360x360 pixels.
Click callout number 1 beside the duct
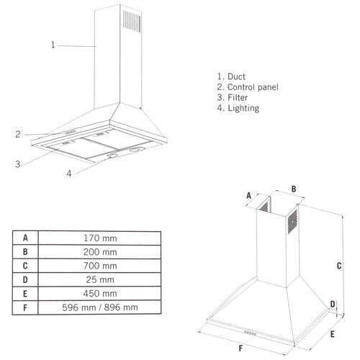53,45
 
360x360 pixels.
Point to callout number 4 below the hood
69,174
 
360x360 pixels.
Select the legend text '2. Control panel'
247,86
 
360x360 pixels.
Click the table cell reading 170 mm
99,238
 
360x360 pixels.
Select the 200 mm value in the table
99,251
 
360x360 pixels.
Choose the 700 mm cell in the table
99,266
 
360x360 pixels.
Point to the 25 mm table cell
99,279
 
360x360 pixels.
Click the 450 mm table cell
99,293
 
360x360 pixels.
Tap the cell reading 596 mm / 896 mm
99,307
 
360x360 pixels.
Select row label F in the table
25,307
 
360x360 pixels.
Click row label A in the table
25,238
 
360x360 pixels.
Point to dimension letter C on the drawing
338,265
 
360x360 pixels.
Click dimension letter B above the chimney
293,189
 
